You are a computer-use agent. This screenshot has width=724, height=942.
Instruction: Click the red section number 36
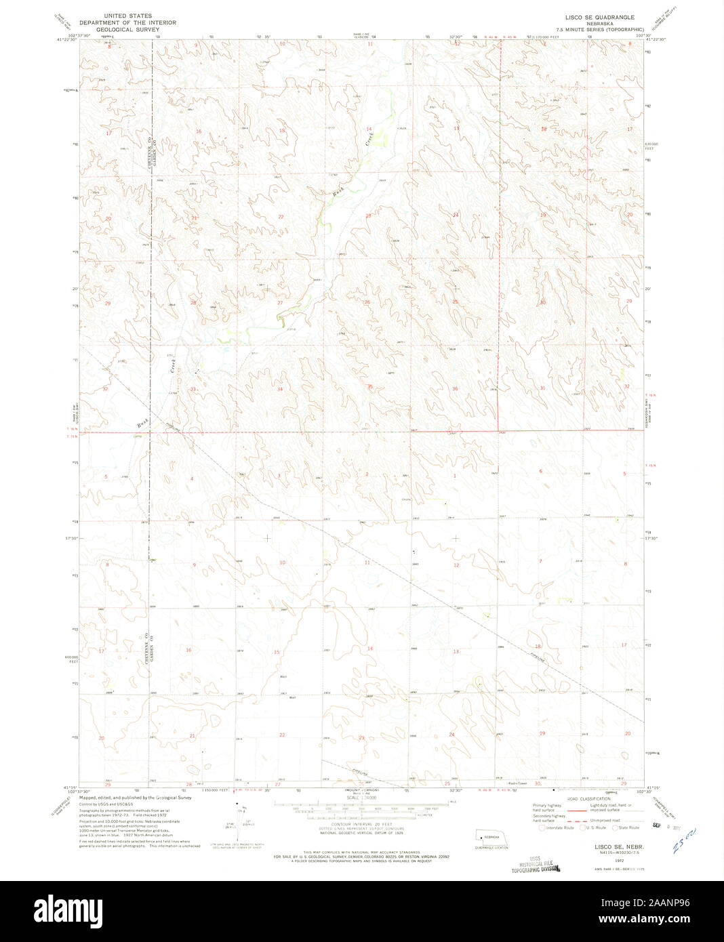pyautogui.click(x=456, y=388)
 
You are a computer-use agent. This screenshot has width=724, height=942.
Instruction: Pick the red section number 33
pyautogui.click(x=193, y=389)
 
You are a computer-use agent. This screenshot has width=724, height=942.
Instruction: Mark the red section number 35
pyautogui.click(x=369, y=387)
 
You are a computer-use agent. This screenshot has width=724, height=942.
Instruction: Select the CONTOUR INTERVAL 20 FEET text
pyautogui.click(x=355, y=823)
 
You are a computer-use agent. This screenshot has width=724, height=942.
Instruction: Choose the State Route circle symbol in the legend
pyautogui.click(x=615, y=827)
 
